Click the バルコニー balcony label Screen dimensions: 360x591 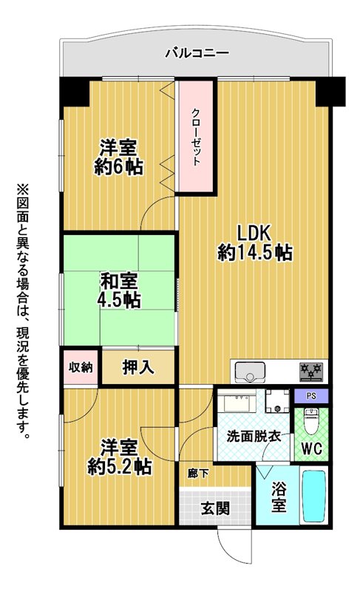[x=197, y=52]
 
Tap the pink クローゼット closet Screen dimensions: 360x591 [x=196, y=137]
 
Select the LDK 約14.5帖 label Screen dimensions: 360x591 [x=254, y=243]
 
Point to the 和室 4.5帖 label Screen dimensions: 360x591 [x=119, y=290]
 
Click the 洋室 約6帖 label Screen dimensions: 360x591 [x=118, y=157]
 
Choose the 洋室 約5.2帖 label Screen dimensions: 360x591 [x=119, y=457]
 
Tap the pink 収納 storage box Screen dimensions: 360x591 [x=81, y=366]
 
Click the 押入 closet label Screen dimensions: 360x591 [x=138, y=367]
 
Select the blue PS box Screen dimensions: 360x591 [x=311, y=396]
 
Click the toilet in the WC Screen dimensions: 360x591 [x=312, y=421]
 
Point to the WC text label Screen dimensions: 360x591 [x=312, y=448]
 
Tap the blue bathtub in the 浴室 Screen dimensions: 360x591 [x=314, y=496]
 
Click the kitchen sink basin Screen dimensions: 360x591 [x=250, y=371]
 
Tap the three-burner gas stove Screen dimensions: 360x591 [x=311, y=372]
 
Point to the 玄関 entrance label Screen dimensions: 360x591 [x=215, y=509]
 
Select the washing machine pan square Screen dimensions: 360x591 [x=277, y=400]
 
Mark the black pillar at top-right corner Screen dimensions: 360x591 [x=330, y=91]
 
